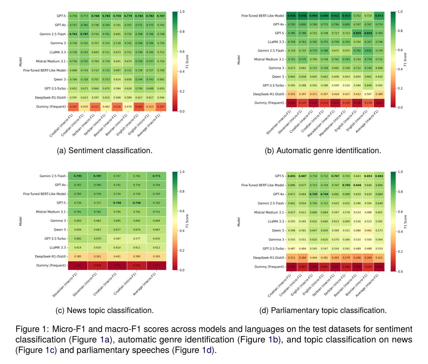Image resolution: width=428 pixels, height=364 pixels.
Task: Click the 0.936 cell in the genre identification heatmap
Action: (291, 16)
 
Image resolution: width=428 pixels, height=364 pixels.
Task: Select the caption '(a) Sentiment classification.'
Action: (104, 150)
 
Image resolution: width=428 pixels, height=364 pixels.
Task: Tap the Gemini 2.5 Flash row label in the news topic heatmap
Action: (50, 176)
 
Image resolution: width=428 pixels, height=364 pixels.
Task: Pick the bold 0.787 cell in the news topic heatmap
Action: (97, 176)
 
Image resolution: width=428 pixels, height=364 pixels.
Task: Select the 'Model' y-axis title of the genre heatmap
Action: (239, 60)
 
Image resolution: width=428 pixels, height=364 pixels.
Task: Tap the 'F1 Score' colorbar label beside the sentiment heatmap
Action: (187, 61)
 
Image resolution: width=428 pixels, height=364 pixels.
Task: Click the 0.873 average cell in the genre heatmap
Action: (379, 16)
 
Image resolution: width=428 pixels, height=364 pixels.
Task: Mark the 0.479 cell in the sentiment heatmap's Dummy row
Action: (128, 107)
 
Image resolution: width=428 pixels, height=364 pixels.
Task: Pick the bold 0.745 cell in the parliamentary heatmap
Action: (313, 194)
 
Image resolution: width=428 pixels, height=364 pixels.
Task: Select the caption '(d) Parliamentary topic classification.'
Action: (323, 310)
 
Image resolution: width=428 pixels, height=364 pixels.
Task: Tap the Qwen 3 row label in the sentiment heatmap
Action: (60, 79)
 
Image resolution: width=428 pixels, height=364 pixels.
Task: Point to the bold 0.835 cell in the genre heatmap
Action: (357, 33)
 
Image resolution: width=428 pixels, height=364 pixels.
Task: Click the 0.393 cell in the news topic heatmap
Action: (156, 257)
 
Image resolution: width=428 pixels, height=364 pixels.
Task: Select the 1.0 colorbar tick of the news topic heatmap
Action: (183, 172)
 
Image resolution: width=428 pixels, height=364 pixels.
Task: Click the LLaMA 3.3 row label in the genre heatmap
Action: (276, 42)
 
